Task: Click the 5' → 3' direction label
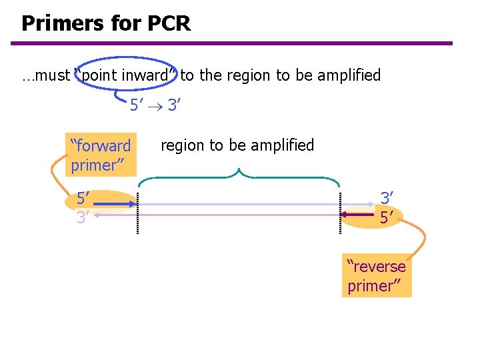tap(156, 105)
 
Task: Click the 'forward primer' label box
tap(101, 155)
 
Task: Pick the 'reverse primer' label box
tap(377, 276)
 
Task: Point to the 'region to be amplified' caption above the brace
tap(237, 145)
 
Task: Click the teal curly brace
tap(238, 178)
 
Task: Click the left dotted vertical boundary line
tap(137, 213)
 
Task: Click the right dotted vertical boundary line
tap(340, 213)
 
